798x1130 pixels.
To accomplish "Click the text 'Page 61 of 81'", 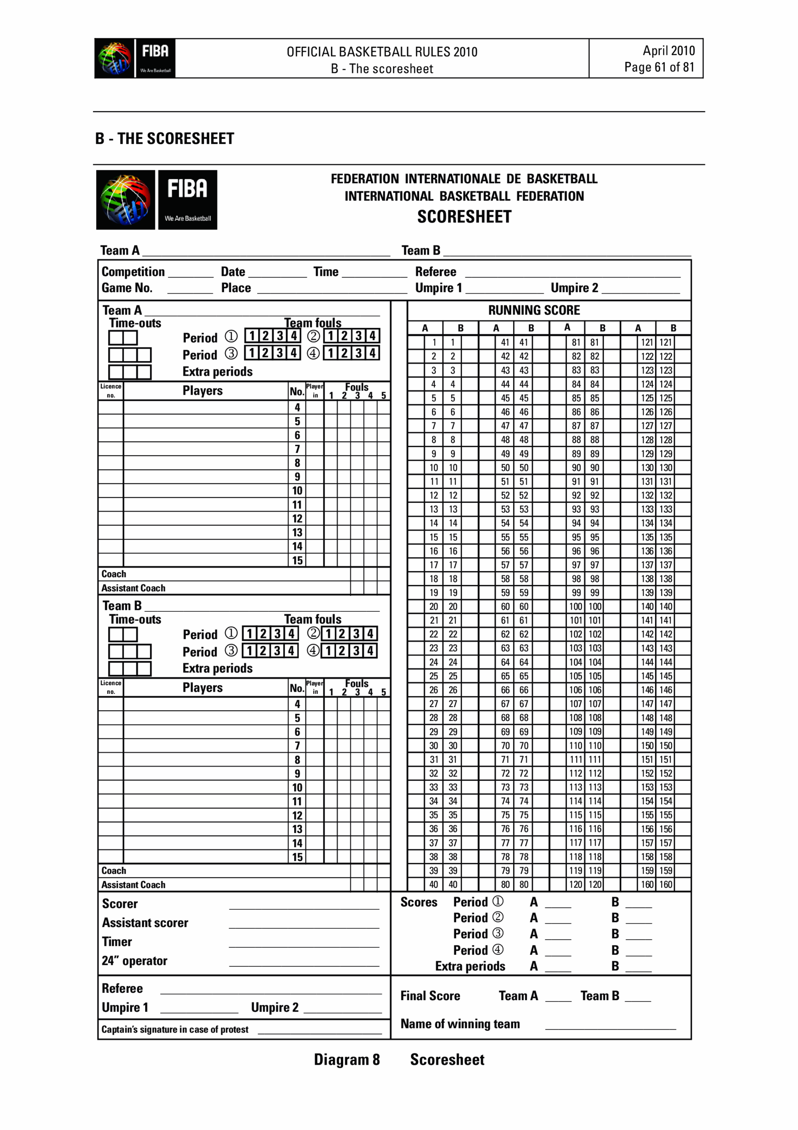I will point(659,67).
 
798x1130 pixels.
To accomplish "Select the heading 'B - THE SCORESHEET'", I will point(165,138).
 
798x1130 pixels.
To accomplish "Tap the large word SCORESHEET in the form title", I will point(464,217).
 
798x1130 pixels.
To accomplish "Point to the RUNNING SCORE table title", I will point(533,310).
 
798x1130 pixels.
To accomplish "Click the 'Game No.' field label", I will point(127,288).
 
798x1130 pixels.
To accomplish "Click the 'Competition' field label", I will point(133,271).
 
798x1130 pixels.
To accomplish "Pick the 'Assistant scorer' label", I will point(145,923).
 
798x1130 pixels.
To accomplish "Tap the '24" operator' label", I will point(134,960).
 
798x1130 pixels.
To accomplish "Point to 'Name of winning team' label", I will point(460,1024).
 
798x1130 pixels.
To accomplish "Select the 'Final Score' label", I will point(430,996).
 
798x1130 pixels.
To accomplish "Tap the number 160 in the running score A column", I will point(646,885).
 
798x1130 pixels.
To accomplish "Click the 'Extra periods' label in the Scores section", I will point(469,966).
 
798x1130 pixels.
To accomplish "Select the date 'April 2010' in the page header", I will point(668,51).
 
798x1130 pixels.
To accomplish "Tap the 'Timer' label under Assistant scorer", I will point(116,942).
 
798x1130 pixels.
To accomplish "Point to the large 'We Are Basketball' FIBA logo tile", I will point(187,200).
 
